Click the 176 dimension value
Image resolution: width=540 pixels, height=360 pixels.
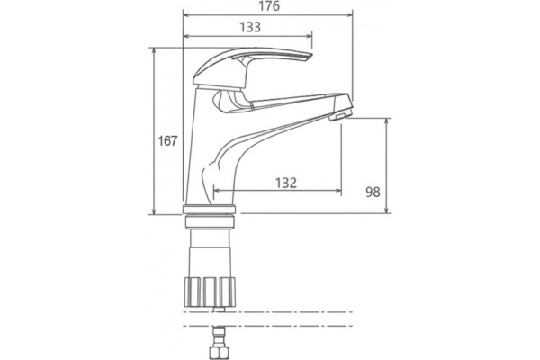tap(269, 6)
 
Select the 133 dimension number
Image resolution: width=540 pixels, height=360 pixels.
tap(250, 27)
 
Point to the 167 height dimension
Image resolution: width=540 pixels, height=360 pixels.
tap(167, 141)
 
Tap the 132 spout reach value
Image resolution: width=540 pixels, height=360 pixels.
tap(286, 183)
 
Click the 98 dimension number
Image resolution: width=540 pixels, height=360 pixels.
tap(373, 192)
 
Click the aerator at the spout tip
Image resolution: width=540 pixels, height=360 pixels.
tap(341, 114)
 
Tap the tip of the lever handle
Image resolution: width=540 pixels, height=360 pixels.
tap(311, 56)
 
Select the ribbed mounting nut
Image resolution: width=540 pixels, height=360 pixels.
tap(210, 292)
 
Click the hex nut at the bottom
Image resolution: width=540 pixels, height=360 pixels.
tap(219, 353)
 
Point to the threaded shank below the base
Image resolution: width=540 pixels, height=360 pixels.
tap(210, 253)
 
